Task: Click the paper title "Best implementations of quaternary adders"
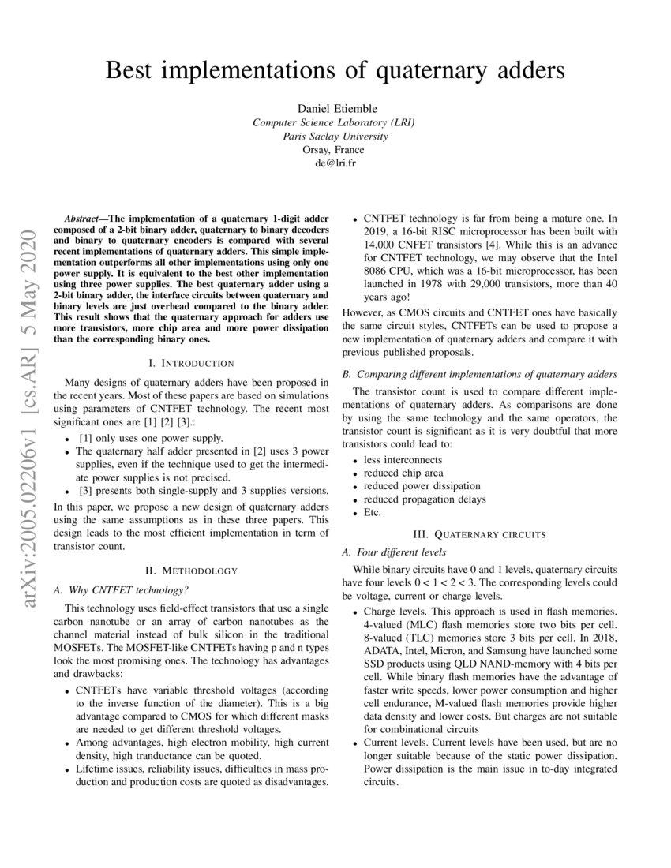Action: tap(335, 70)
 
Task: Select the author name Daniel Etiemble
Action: tap(335, 108)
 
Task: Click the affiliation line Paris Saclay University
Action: tap(335, 136)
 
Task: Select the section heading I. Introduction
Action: tap(191, 363)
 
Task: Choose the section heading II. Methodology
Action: tap(191, 570)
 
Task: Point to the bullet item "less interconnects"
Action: tap(403, 459)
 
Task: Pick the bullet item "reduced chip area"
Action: tap(403, 473)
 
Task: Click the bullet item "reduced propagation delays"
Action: tap(425, 499)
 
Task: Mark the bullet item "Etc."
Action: tap(373, 512)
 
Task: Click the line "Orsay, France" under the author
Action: tap(335, 150)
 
